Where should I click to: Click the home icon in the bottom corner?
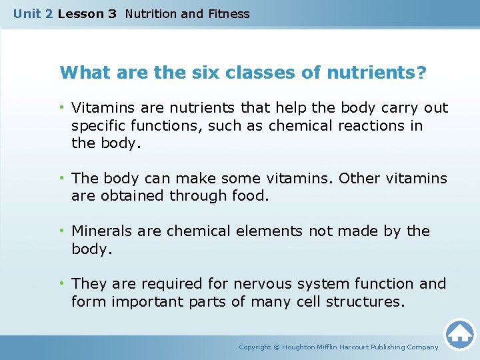459,333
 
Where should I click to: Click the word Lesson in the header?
77,13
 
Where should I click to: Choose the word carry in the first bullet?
393,108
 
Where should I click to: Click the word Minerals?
102,231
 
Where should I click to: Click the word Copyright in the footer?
255,347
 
